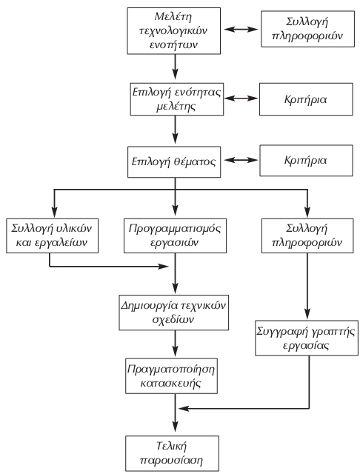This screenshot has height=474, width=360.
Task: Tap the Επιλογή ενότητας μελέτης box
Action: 176,99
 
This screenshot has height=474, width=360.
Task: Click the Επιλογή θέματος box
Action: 176,159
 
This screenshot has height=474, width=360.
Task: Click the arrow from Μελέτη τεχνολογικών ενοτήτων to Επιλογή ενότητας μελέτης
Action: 176,68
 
